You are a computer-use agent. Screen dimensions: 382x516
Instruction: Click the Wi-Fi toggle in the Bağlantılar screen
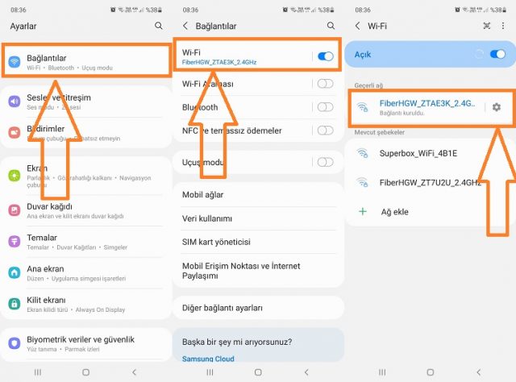326,56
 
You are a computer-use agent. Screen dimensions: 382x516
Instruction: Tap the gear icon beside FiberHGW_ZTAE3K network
496,107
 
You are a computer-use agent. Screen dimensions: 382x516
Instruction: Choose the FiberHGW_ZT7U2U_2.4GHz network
427,182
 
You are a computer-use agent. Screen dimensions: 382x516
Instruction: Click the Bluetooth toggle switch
325,107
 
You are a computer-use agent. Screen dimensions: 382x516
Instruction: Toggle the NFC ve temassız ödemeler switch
325,131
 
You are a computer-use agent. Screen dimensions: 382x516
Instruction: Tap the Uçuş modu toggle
325,162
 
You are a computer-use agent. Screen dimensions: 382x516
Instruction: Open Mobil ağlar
203,194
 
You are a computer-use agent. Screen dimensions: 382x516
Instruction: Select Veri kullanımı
207,218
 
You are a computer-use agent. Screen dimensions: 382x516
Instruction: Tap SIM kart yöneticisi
217,242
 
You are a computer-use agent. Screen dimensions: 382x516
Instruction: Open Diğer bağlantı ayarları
223,308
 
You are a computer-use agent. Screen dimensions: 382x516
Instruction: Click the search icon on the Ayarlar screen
159,26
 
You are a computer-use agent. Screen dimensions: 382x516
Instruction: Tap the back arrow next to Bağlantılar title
185,26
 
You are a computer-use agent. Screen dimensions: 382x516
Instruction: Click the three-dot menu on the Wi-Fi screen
503,26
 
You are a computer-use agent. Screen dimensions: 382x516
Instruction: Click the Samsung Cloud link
209,359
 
